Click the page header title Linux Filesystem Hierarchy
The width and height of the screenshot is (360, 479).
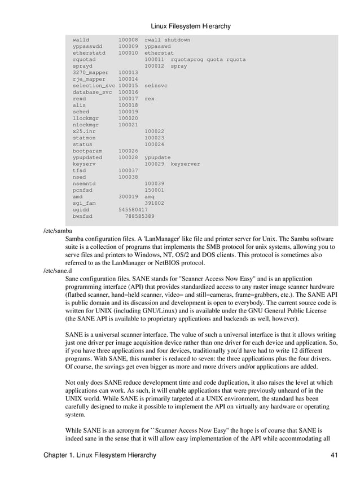pos(191,26)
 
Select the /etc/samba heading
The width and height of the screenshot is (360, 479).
pos(58,231)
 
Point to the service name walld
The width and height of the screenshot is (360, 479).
pos(81,40)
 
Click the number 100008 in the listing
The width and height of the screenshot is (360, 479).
pos(128,40)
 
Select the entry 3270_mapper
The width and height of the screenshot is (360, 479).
pos(90,73)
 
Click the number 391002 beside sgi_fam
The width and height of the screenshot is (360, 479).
pos(154,203)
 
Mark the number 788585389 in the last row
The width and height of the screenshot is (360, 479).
pos(139,216)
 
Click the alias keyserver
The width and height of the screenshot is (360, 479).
pos(185,164)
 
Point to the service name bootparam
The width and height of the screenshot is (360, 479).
pos(87,151)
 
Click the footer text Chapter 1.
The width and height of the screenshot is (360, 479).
pos(63,455)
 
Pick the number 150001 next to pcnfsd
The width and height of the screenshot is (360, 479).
pos(154,190)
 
